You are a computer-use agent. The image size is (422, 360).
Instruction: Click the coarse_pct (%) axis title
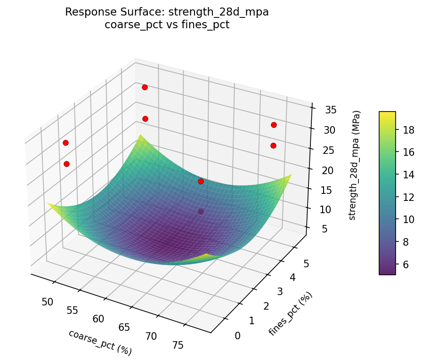[x=100, y=342]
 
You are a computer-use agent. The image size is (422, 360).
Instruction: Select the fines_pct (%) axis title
[x=291, y=314]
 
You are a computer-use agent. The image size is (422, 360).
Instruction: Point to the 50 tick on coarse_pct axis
[x=47, y=302]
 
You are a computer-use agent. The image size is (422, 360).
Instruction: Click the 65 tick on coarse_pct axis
[x=124, y=327]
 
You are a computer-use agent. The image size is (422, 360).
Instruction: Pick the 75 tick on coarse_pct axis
[x=178, y=345]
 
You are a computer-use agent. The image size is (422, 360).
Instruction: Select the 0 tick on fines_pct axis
[x=237, y=335]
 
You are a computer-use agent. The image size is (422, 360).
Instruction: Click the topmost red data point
[x=145, y=87]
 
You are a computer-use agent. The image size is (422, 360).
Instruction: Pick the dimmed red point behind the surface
[x=201, y=212]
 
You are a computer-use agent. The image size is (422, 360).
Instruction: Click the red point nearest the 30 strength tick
[x=274, y=125]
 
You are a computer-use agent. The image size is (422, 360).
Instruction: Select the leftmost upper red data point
[x=65, y=143]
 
